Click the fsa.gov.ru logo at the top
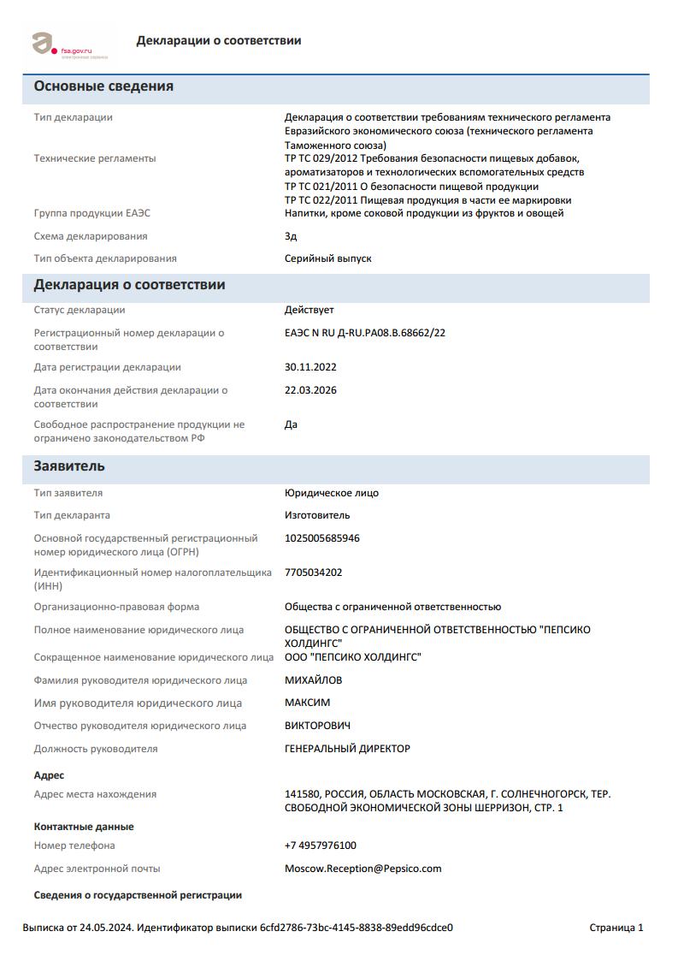[68, 44]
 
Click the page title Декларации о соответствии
[218, 40]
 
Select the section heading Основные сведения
[103, 86]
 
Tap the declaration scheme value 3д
[291, 236]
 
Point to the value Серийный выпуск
[327, 258]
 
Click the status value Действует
[309, 310]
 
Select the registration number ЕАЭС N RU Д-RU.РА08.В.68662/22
[364, 333]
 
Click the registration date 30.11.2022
[310, 367]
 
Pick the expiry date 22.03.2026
[310, 390]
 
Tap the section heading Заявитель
[69, 466]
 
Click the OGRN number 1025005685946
[321, 538]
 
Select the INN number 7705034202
[313, 572]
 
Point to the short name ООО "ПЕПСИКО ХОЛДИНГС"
[352, 657]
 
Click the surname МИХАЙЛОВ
[313, 680]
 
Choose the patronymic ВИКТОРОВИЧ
[317, 726]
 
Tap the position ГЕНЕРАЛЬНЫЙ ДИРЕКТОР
[347, 749]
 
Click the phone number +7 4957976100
[320, 845]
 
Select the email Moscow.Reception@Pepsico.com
[363, 869]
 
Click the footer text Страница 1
[616, 928]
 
